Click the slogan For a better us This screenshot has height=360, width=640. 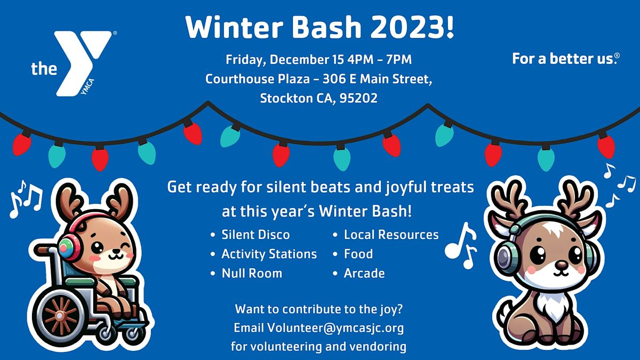(565, 59)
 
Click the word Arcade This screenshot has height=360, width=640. (364, 273)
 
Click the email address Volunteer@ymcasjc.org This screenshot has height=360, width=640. (335, 327)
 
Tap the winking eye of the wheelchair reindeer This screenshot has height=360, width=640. (125, 246)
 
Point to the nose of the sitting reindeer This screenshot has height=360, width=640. (561, 264)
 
